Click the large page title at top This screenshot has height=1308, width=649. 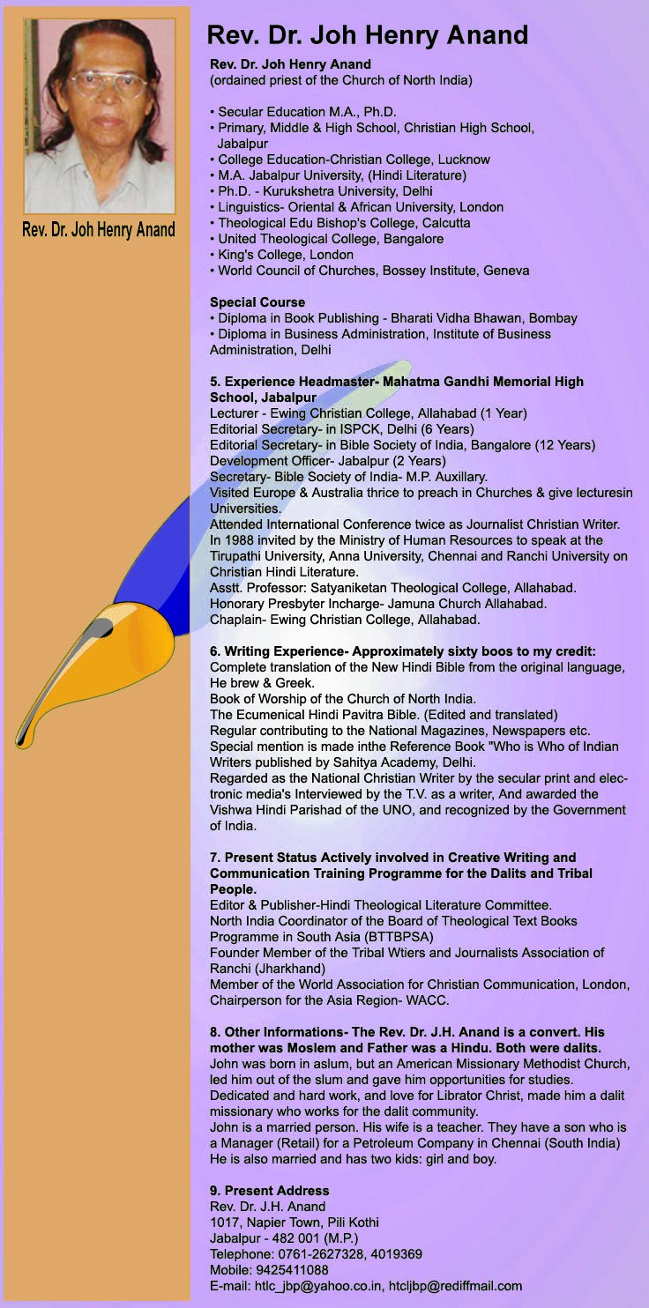pyautogui.click(x=367, y=35)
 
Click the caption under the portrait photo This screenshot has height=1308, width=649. pyautogui.click(x=98, y=230)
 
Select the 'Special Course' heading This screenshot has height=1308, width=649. pyautogui.click(x=257, y=302)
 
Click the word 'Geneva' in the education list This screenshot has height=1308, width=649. pyautogui.click(x=505, y=271)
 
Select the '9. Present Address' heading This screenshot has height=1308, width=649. pyautogui.click(x=269, y=1191)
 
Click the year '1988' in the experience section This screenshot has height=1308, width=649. pyautogui.click(x=239, y=540)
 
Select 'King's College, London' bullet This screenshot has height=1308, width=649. pyautogui.click(x=285, y=255)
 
